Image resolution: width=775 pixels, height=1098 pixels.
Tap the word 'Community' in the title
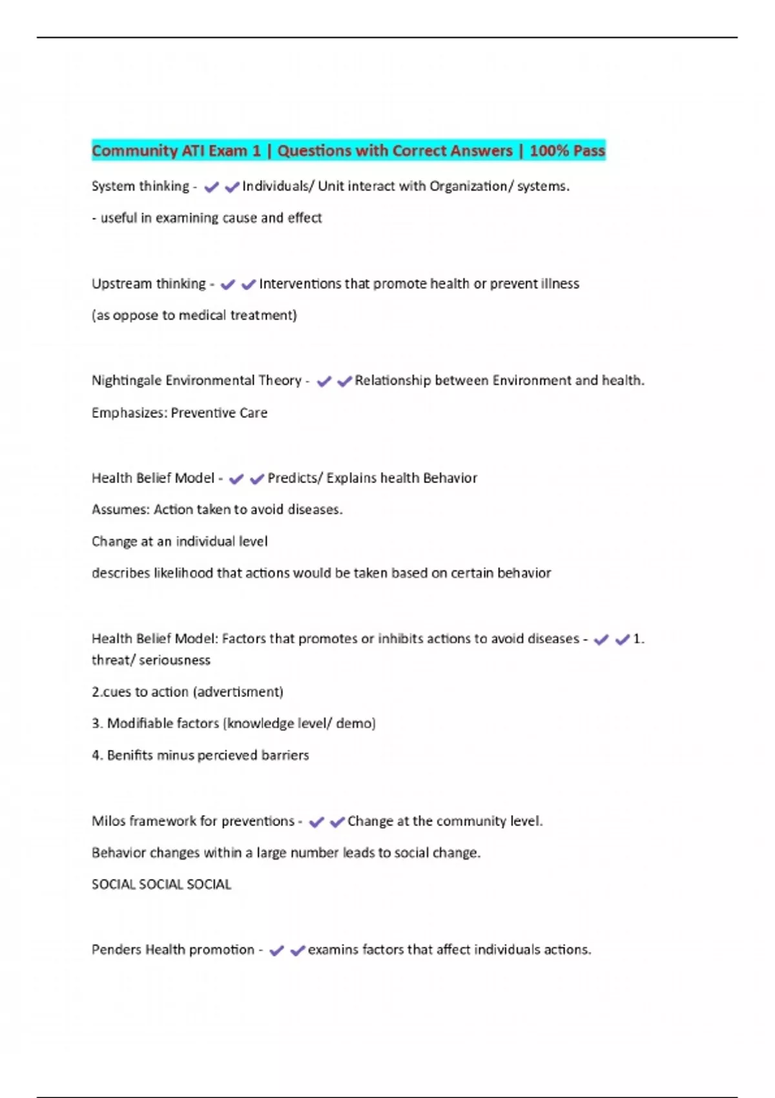tap(134, 150)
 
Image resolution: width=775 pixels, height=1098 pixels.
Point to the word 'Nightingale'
tap(126, 380)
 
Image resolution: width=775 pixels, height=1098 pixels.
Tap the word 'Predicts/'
tap(294, 478)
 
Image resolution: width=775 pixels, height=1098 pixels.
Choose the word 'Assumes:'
tap(120, 510)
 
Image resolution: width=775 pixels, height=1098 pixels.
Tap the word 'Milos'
tap(108, 821)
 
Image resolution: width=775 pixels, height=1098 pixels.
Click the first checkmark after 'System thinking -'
tap(211, 187)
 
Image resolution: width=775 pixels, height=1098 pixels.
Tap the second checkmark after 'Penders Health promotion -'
tap(297, 951)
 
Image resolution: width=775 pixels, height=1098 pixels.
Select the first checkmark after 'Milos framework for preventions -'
tap(316, 822)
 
